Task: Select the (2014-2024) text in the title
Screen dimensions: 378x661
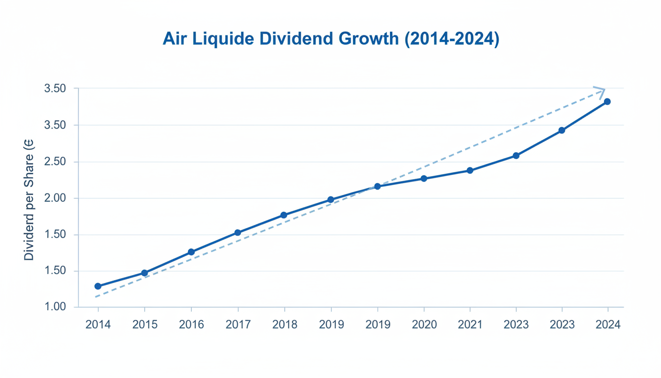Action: click(x=451, y=39)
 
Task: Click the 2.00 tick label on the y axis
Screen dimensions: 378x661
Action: click(x=55, y=198)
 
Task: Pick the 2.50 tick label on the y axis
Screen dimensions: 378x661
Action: click(x=55, y=162)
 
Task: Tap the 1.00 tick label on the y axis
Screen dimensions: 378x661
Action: click(x=55, y=307)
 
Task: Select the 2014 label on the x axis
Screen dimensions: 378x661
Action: click(x=98, y=325)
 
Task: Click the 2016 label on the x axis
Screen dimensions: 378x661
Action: click(x=191, y=325)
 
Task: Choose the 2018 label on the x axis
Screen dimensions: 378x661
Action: click(x=284, y=325)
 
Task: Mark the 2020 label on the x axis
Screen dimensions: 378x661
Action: click(x=424, y=325)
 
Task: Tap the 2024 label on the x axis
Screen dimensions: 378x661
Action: click(x=608, y=325)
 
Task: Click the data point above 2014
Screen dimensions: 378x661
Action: click(x=98, y=286)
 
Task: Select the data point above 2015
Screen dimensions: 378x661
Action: click(x=145, y=273)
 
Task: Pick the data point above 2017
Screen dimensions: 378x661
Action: click(x=238, y=232)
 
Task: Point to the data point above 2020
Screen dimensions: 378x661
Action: click(x=424, y=179)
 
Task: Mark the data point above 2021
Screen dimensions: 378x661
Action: click(x=470, y=170)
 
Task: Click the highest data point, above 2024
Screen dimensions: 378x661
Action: click(x=607, y=102)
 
